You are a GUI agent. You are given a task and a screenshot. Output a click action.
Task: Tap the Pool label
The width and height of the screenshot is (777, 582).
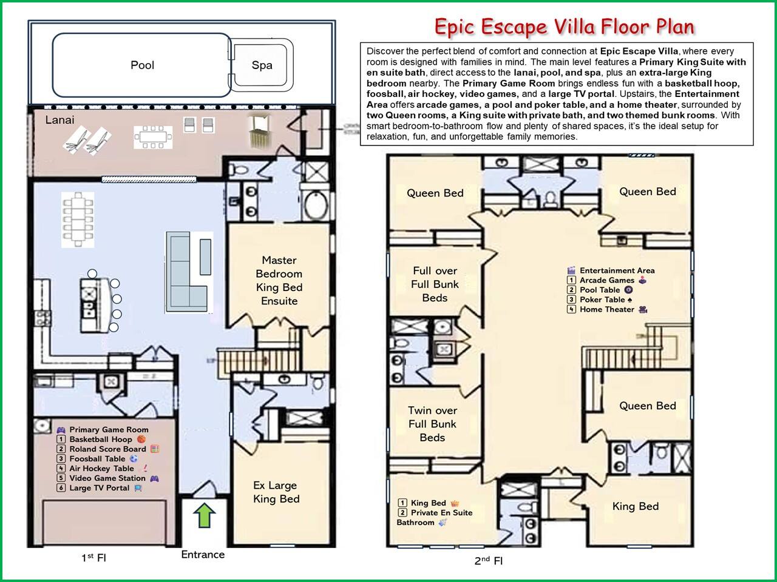(142, 65)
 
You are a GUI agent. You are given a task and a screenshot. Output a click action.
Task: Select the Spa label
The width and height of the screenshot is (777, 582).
(262, 65)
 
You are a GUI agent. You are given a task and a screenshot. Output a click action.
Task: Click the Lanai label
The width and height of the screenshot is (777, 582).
(59, 120)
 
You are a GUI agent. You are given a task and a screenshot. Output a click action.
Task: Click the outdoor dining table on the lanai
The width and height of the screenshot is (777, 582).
(153, 137)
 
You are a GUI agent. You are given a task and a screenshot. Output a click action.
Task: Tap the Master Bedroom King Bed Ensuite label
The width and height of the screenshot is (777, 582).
(279, 281)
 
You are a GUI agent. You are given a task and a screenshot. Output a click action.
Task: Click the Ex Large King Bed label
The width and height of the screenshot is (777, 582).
(276, 492)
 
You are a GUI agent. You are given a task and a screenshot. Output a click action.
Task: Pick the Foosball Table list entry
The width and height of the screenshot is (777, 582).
(97, 459)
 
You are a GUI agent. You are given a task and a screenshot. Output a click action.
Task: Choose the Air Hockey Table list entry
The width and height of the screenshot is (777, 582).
(102, 468)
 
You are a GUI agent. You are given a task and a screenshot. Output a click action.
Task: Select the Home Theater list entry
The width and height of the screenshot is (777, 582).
(607, 310)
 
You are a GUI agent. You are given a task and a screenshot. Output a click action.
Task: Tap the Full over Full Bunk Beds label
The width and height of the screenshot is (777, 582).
(435, 284)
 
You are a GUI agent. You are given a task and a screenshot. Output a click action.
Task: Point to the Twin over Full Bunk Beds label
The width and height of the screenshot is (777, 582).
(432, 424)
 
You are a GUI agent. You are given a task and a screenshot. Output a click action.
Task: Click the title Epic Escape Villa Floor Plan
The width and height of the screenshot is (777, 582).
(565, 27)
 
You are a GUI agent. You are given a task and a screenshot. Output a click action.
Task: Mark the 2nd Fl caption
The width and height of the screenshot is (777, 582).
(488, 560)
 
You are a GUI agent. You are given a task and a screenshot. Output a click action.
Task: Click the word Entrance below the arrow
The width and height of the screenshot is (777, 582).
(203, 555)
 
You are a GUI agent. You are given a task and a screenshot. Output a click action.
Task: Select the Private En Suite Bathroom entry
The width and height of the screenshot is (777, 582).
(435, 517)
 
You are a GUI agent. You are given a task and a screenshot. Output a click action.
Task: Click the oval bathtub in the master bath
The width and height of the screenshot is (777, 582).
(316, 206)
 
